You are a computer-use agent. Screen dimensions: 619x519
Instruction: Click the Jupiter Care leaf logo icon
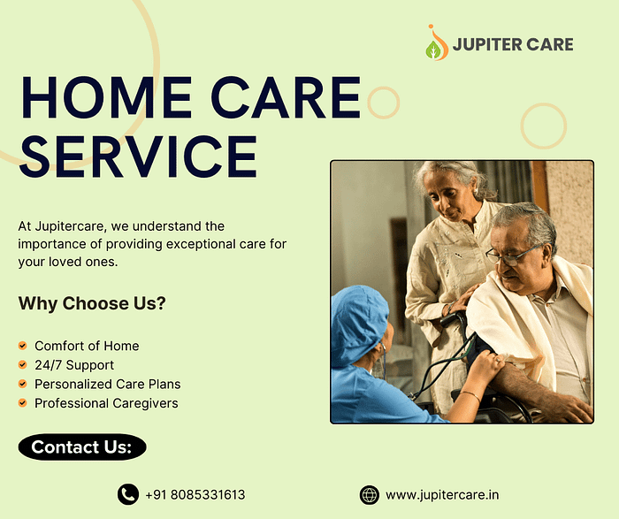tap(437, 42)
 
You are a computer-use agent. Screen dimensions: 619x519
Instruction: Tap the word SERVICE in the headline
tap(139, 156)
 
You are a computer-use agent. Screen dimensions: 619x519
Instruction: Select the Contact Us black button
tap(82, 447)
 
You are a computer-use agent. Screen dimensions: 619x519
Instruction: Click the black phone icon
tap(128, 494)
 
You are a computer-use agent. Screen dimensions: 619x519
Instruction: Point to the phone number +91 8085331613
tap(195, 494)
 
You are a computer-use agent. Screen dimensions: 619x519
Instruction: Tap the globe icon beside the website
tap(370, 495)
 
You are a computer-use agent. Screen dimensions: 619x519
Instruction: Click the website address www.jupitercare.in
tap(442, 495)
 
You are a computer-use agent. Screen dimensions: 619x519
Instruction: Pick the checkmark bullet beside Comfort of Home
tap(22, 346)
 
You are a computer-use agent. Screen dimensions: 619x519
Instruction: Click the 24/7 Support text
tap(74, 365)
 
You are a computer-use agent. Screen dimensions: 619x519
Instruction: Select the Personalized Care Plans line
tap(107, 384)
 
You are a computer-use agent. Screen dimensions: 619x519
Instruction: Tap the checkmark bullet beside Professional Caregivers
tap(22, 403)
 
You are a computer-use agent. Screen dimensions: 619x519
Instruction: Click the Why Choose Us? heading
tap(92, 303)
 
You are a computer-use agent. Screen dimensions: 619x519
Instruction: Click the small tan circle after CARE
tap(383, 103)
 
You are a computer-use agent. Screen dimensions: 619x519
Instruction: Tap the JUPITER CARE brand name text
tap(513, 44)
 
